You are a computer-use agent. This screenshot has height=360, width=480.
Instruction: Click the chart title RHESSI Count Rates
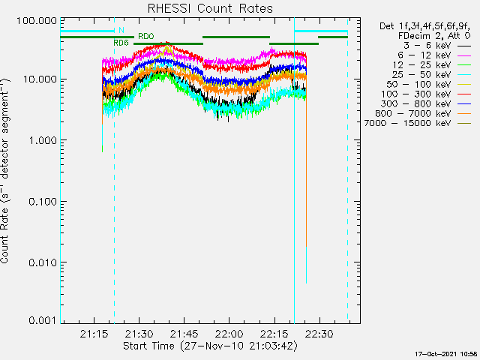click(x=210, y=8)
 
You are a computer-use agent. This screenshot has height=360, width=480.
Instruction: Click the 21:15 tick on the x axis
click(x=94, y=333)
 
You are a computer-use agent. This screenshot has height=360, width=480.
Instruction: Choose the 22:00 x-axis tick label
click(x=229, y=333)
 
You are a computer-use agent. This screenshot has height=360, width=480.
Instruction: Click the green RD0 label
click(x=145, y=36)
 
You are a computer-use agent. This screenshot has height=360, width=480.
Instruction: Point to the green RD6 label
click(x=121, y=43)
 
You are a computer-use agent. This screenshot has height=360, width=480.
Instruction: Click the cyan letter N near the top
click(x=121, y=30)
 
